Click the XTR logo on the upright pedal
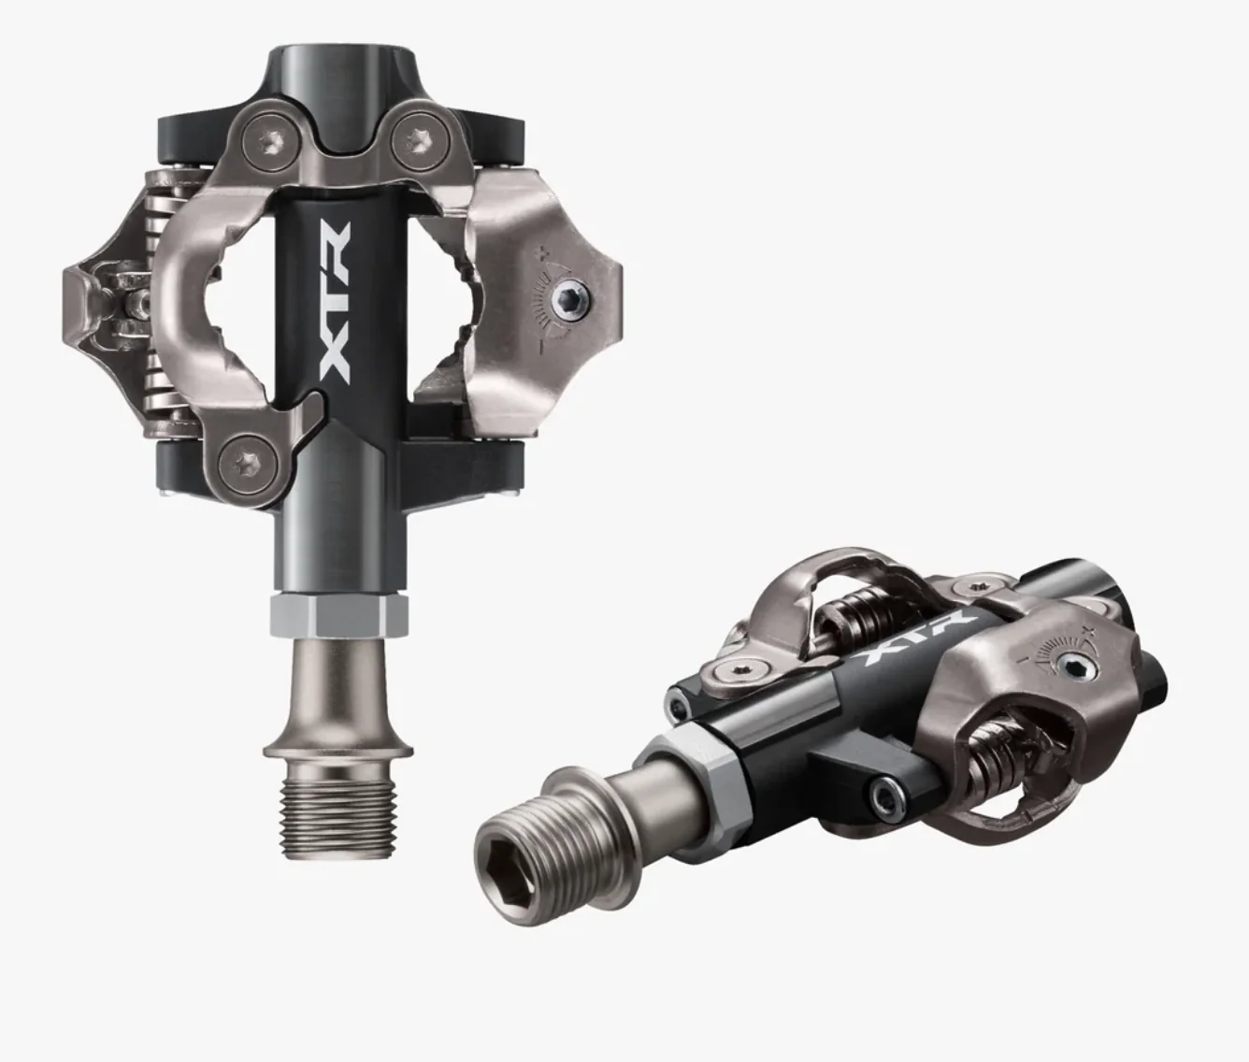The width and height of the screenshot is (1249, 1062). tap(334, 303)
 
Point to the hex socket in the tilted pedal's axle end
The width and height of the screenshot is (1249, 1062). tap(506, 860)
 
